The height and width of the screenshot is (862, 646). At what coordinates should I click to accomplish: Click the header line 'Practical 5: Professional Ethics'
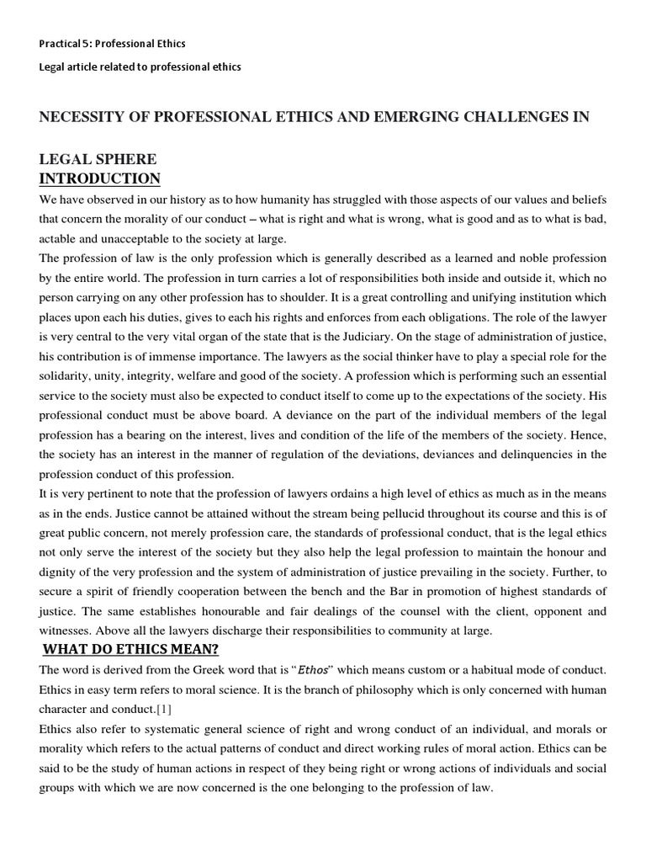pos(113,43)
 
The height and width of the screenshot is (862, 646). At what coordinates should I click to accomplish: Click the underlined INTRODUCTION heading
pos(100,178)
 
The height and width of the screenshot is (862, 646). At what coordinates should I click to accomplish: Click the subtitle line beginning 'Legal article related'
pos(140,67)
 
